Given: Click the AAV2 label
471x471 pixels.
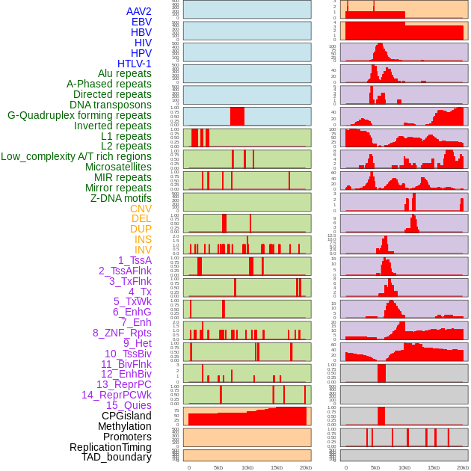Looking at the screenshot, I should (x=138, y=11).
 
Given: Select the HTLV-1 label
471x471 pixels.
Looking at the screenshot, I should (x=134, y=64).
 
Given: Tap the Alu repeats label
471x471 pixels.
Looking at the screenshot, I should (x=124, y=74).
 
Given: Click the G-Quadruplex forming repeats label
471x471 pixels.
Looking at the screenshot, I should (x=79, y=115).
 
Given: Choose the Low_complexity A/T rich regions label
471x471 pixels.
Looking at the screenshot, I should (x=76, y=156).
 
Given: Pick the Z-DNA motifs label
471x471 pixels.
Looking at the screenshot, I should (x=120, y=198).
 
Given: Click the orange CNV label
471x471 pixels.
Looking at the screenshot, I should (x=141, y=209).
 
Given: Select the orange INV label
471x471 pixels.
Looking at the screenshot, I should (x=142, y=250).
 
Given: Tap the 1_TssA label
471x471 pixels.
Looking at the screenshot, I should (x=135, y=260).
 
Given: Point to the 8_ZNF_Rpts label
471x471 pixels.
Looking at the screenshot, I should (x=122, y=333).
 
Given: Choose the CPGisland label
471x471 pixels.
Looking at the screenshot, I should (x=126, y=416).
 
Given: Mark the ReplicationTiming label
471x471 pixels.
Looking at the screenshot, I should (x=110, y=447).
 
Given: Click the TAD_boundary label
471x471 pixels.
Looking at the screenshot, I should (x=116, y=457).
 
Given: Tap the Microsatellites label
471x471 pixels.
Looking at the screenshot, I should (x=118, y=167).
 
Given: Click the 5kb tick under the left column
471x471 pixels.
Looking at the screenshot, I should (x=218, y=467).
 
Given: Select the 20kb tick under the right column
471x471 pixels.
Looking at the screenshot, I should (x=463, y=467).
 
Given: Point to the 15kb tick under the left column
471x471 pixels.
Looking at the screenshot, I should (x=277, y=467).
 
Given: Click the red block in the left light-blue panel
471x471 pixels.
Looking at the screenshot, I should (x=237, y=117).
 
